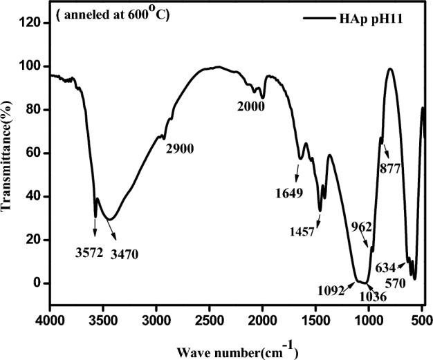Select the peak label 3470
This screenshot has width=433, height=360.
[x=124, y=254]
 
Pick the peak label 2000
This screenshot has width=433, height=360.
[x=250, y=106]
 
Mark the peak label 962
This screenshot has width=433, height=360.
[x=361, y=226]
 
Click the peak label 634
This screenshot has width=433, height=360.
[x=385, y=267]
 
